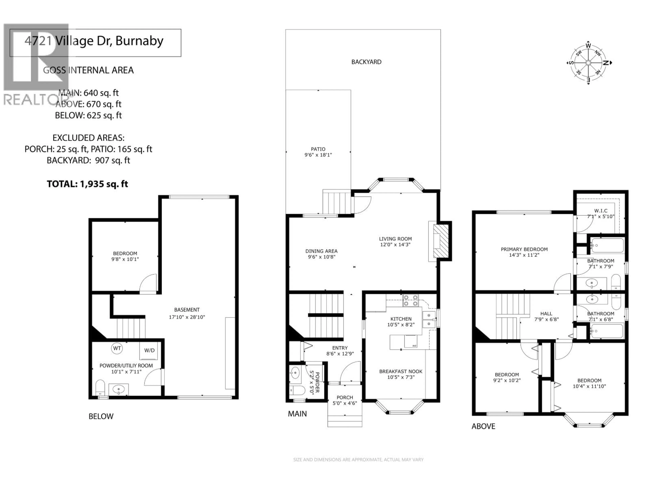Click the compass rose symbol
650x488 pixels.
click(588, 63)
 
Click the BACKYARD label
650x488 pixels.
click(366, 62)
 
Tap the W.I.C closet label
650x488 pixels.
click(601, 213)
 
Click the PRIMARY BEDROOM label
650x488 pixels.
click(524, 252)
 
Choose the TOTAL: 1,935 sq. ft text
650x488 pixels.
click(87, 184)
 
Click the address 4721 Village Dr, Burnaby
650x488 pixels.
click(94, 41)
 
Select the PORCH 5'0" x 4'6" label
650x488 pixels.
click(344, 400)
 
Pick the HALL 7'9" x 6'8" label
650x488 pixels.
click(546, 316)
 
